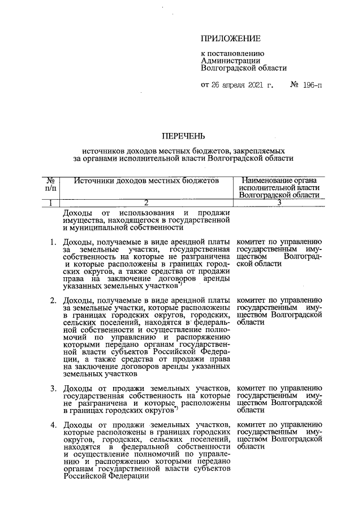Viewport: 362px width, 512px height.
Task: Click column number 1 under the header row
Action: pos(50,202)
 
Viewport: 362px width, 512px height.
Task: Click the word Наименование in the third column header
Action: pos(266,179)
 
